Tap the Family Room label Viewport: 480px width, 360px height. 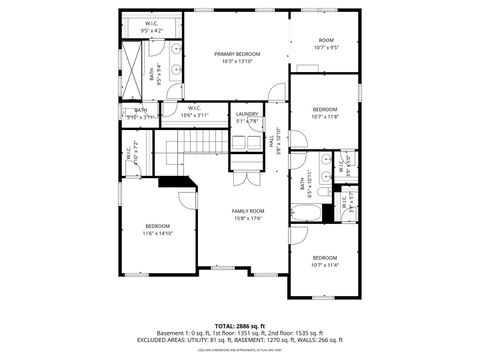[247, 211]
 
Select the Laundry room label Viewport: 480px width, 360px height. [247, 114]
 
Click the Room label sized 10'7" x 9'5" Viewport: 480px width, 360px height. [327, 41]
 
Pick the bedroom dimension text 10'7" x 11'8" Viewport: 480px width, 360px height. [326, 116]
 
